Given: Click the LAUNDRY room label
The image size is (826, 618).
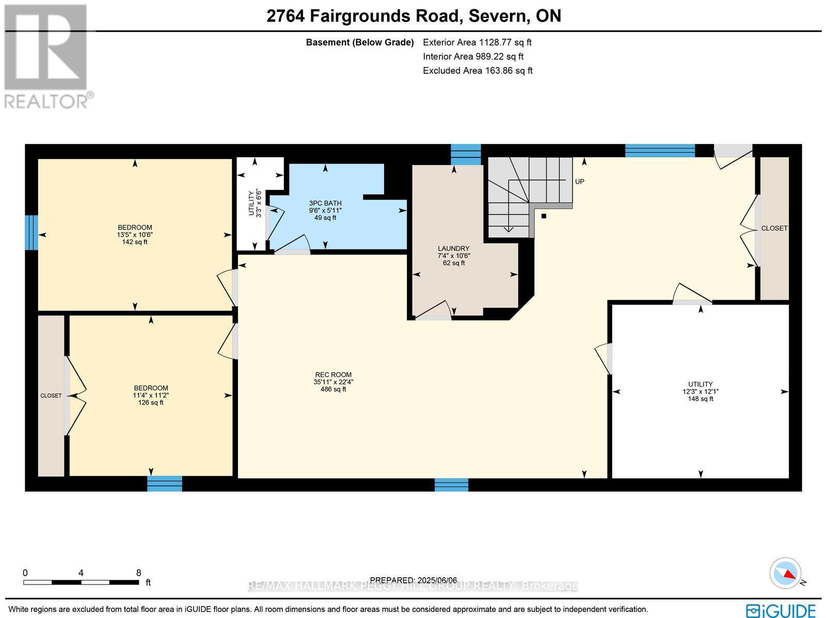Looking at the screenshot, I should coord(454,248).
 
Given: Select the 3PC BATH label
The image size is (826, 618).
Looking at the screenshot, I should coord(325,203).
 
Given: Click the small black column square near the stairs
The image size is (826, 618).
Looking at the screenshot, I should coord(544,216).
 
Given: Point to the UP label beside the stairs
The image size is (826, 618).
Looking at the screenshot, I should coord(579,182).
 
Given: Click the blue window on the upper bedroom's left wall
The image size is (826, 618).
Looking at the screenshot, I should coord(31,232).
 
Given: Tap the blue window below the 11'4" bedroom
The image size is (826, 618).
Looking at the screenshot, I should coord(164,483).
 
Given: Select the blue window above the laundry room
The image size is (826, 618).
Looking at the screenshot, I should coord(466,154).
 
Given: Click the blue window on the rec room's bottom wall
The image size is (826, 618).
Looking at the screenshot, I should coord(451,484).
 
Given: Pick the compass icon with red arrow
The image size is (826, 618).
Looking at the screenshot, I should coord(786,573).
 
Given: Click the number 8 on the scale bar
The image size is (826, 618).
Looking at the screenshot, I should coord(138,573).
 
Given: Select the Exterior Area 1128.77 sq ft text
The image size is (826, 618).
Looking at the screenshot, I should coord(477,42).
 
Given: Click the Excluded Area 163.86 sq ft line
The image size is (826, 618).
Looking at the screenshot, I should coord(478,71).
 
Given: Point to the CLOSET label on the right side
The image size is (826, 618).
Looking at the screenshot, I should coord(774,228).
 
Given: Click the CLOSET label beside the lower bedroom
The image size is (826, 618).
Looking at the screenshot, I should coord(51,396).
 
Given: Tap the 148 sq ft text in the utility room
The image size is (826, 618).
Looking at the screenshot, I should coord(700,399).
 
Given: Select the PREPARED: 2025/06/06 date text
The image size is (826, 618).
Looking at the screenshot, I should coord(414,580).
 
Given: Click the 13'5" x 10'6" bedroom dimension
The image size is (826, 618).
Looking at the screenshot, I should coord(135,235).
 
